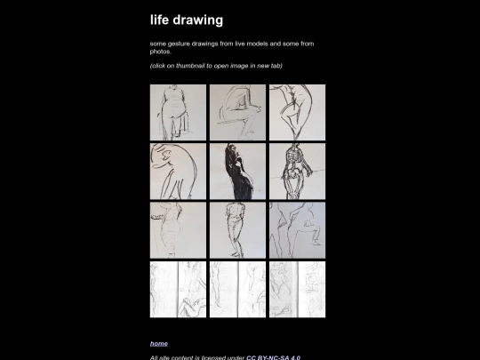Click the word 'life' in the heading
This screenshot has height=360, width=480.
(159, 20)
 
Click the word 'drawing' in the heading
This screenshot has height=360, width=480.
(198, 20)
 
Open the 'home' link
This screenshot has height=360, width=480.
(159, 343)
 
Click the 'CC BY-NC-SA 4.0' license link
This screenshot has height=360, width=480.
(273, 357)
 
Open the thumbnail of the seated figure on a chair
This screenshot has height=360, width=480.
(178, 112)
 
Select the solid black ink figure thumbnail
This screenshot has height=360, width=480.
(237, 172)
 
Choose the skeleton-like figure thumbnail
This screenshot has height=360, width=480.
(297, 172)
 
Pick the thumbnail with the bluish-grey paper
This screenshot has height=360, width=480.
(297, 230)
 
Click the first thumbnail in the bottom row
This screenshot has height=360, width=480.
(178, 289)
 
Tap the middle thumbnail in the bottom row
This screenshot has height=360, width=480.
(237, 289)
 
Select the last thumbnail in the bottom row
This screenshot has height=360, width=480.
(297, 289)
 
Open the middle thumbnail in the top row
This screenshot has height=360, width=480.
(237, 112)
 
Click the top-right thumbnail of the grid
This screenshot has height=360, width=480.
(297, 112)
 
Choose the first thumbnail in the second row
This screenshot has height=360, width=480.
(178, 172)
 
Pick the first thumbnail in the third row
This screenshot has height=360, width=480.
(178, 230)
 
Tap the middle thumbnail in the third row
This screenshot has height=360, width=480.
(237, 230)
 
